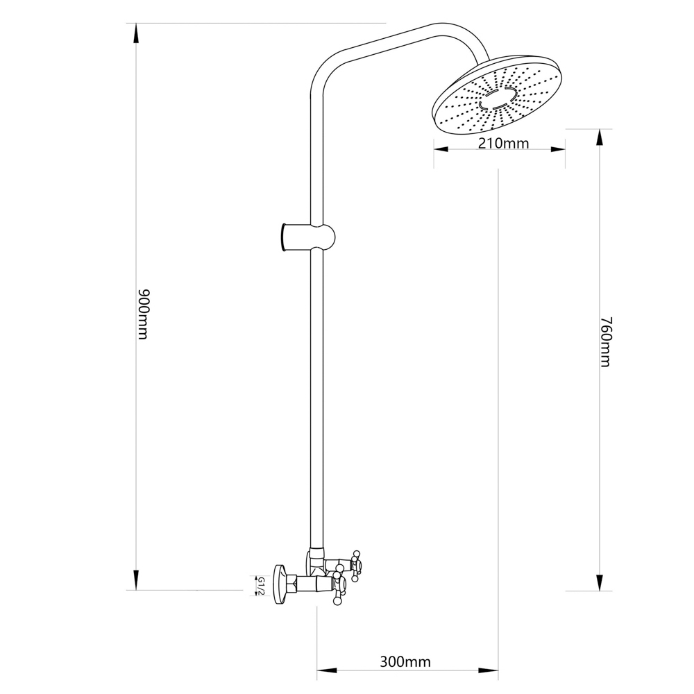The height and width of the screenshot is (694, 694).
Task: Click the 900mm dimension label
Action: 144,314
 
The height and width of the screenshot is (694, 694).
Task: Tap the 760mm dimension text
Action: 605,341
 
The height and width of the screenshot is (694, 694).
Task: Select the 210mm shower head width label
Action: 503,144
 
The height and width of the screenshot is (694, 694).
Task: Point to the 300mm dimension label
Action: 405,661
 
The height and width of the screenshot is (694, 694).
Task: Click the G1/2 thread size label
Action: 261,586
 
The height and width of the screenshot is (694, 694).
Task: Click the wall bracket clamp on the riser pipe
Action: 307,237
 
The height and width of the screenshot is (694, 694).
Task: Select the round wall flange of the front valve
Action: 280,584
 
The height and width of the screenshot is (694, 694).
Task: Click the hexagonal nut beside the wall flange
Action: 291,584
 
